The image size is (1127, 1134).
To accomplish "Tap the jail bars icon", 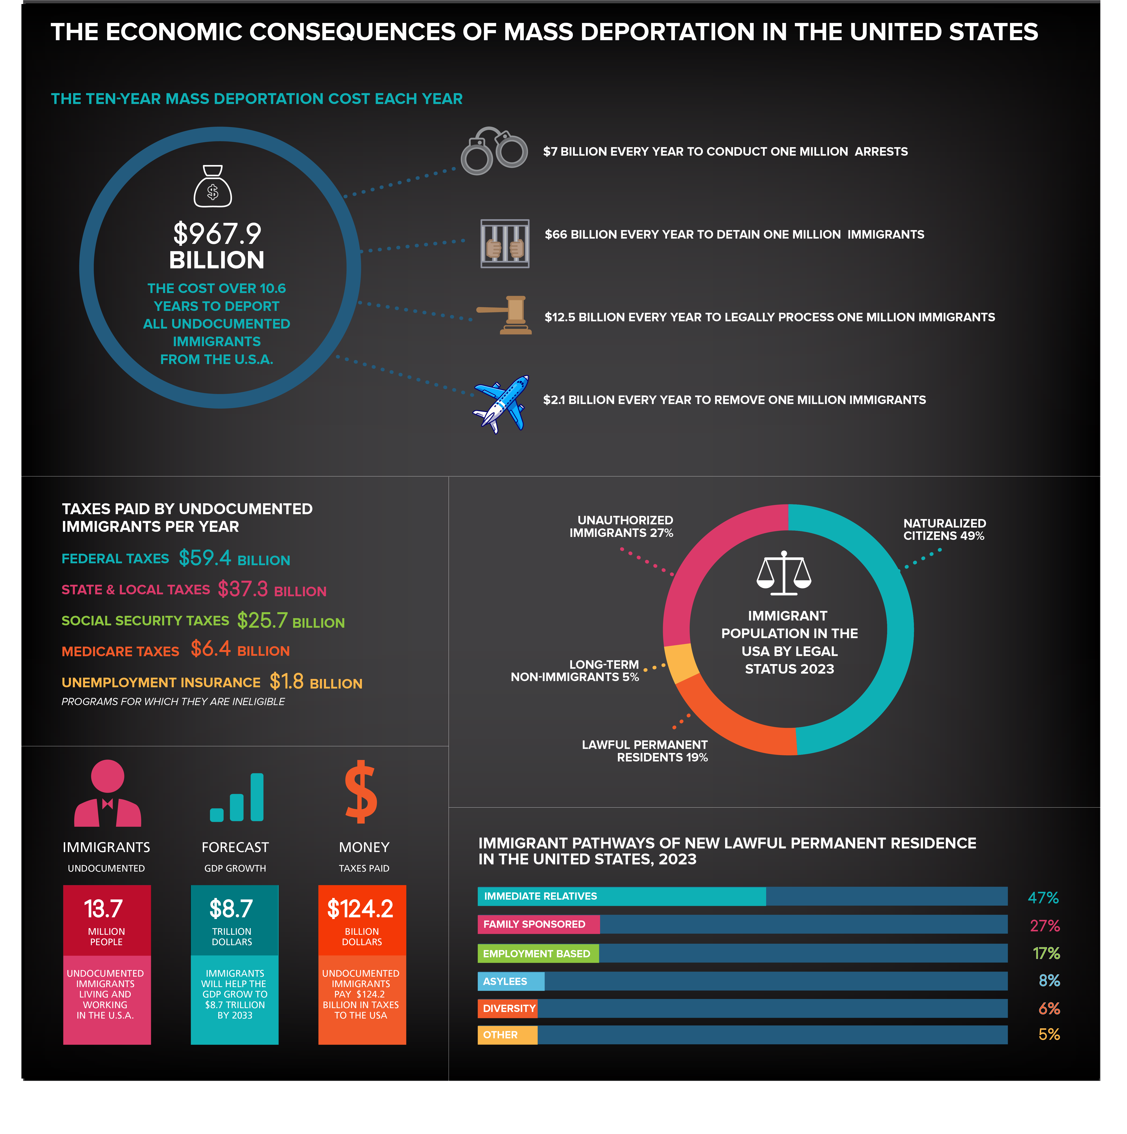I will pyautogui.click(x=505, y=244).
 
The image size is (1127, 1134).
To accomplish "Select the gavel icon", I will pyautogui.click(x=506, y=315).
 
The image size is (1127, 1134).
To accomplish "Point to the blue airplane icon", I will pyautogui.click(x=502, y=404).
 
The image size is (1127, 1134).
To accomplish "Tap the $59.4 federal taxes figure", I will pyautogui.click(x=205, y=558).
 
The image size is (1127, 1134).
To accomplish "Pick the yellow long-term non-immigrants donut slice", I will pyautogui.click(x=679, y=663).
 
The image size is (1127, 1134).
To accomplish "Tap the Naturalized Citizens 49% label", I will pyautogui.click(x=944, y=529).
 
